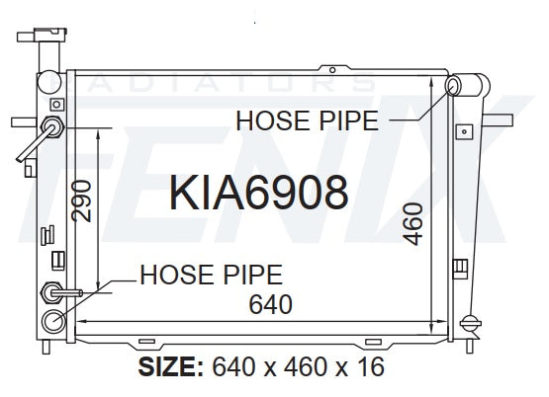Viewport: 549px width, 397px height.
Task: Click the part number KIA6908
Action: point(258,193)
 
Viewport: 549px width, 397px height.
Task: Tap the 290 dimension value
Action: point(81,200)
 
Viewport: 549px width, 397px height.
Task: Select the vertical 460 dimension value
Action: point(412,224)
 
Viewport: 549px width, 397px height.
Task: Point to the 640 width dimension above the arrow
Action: point(270,304)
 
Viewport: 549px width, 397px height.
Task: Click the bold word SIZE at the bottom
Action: point(170,367)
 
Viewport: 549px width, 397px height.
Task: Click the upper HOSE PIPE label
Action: point(307,120)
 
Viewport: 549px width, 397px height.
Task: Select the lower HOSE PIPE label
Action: point(211,275)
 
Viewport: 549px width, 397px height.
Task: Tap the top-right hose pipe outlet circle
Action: point(453,86)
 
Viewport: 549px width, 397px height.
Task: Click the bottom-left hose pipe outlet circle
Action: point(53,322)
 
